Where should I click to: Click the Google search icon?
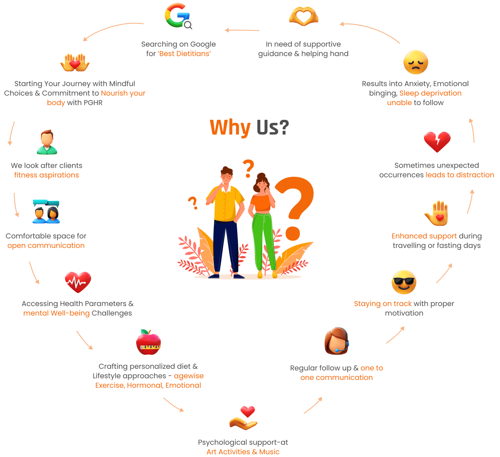[178, 16]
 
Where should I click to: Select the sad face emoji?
[416, 62]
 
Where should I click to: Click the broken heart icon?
[437, 141]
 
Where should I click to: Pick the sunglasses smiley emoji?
[403, 282]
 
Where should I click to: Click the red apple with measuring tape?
[148, 342]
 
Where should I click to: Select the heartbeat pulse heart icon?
[78, 281]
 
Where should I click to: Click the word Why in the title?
[230, 127]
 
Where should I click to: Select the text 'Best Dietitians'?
[184, 54]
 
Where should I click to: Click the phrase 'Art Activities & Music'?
[243, 452]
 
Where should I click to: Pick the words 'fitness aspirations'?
[47, 175]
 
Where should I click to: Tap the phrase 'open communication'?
[46, 245]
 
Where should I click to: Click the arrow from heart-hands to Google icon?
[242, 30]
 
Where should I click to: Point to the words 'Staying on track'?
[383, 304]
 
